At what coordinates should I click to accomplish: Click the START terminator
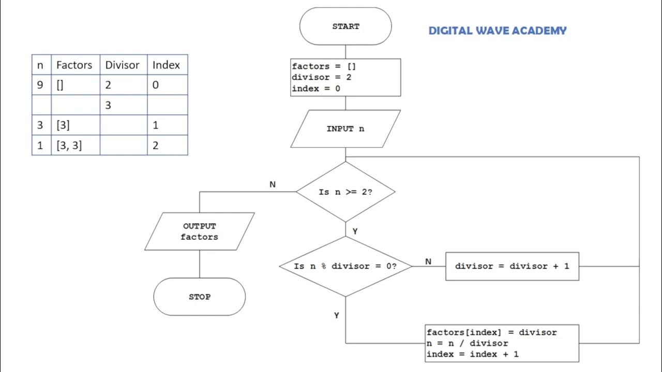click(x=345, y=26)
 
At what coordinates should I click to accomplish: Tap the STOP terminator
click(x=200, y=297)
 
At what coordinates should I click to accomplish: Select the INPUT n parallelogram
click(x=345, y=129)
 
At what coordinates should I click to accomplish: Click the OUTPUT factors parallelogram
click(x=200, y=231)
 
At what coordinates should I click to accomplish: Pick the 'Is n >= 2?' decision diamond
click(x=345, y=192)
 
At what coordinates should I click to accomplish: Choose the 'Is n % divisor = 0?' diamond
click(x=345, y=266)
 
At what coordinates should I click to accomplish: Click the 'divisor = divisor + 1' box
click(x=512, y=266)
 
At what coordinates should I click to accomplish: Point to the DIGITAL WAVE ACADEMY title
click(x=498, y=30)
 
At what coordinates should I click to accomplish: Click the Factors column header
click(x=74, y=65)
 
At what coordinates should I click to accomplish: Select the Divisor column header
click(x=123, y=65)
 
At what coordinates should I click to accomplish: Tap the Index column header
click(x=167, y=65)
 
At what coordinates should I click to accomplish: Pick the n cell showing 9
click(x=41, y=85)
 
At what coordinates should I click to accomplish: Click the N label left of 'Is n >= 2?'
click(x=273, y=184)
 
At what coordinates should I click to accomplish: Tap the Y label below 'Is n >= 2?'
click(x=355, y=231)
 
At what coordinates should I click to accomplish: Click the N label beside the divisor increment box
click(x=428, y=261)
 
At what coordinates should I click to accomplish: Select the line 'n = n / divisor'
click(x=468, y=343)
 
